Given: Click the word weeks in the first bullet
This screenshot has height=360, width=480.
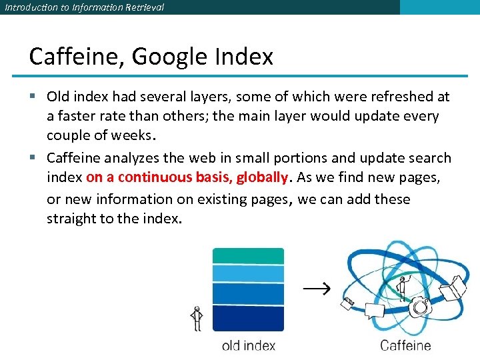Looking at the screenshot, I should [133, 136].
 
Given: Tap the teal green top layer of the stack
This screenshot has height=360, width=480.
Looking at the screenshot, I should [248, 256].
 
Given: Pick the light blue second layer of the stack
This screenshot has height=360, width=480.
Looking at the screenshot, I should [248, 273].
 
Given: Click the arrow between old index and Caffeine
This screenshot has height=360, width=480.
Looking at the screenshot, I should [317, 289].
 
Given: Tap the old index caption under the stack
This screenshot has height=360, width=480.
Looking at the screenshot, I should [248, 346].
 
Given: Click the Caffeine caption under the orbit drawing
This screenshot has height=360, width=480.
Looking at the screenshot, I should [405, 346].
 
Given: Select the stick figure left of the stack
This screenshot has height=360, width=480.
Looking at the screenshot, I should [196, 319].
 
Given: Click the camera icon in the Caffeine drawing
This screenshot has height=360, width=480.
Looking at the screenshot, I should [420, 307].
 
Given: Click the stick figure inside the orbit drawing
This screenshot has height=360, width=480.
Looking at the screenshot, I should [401, 287].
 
